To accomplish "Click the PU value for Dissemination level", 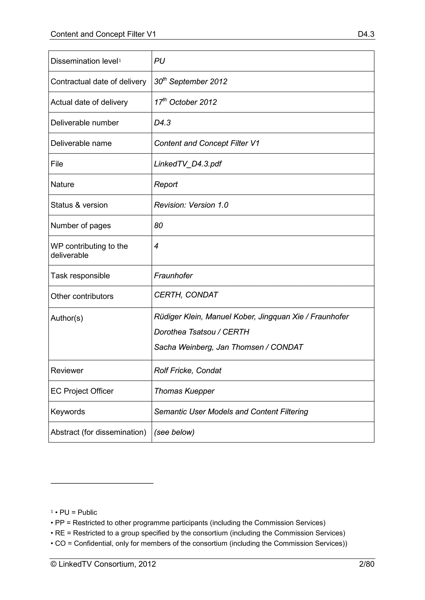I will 159,61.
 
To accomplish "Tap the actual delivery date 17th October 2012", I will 185,102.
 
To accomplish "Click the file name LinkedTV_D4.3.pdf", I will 188,164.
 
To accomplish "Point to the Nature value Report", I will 166,184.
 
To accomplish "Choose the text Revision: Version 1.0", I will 191,205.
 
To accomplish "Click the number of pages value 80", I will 158,226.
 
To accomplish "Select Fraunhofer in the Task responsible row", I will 173,276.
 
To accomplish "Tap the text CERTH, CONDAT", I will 186,295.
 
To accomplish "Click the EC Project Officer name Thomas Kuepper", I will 184,391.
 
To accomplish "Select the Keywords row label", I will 68,412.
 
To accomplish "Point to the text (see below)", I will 174,432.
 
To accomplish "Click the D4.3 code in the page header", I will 366,34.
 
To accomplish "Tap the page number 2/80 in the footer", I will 366,564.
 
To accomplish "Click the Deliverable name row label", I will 81,143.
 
